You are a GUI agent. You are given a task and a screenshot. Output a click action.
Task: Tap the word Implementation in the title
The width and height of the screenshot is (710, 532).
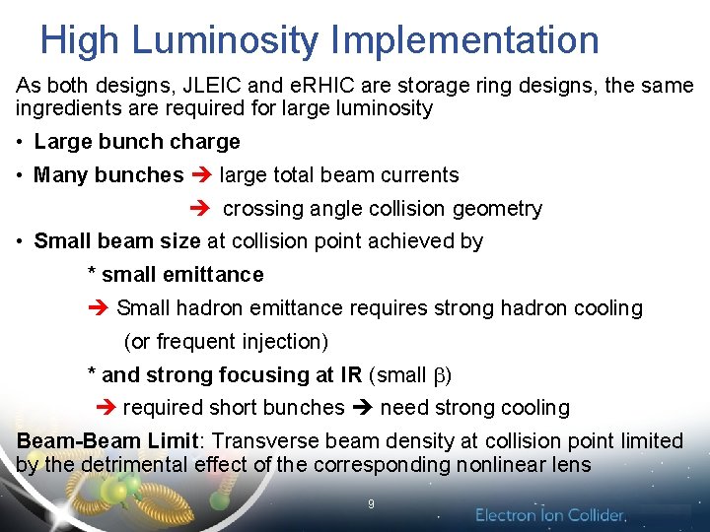pos(464,40)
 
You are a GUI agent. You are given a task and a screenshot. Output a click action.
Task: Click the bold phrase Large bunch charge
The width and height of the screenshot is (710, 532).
pos(137,142)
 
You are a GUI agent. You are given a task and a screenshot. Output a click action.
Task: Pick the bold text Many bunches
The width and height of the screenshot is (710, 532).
pos(108,175)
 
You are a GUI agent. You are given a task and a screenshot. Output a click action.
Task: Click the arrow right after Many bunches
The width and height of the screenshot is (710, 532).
pos(201,176)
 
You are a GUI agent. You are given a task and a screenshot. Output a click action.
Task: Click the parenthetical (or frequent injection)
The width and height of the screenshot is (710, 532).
pos(226,342)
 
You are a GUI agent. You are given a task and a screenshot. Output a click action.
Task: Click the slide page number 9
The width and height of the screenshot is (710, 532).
pos(371,503)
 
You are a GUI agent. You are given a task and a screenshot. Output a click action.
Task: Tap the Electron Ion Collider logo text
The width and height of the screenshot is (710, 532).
pos(550,514)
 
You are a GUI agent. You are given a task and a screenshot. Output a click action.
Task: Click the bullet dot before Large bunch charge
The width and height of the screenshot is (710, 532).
pos(21,143)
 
